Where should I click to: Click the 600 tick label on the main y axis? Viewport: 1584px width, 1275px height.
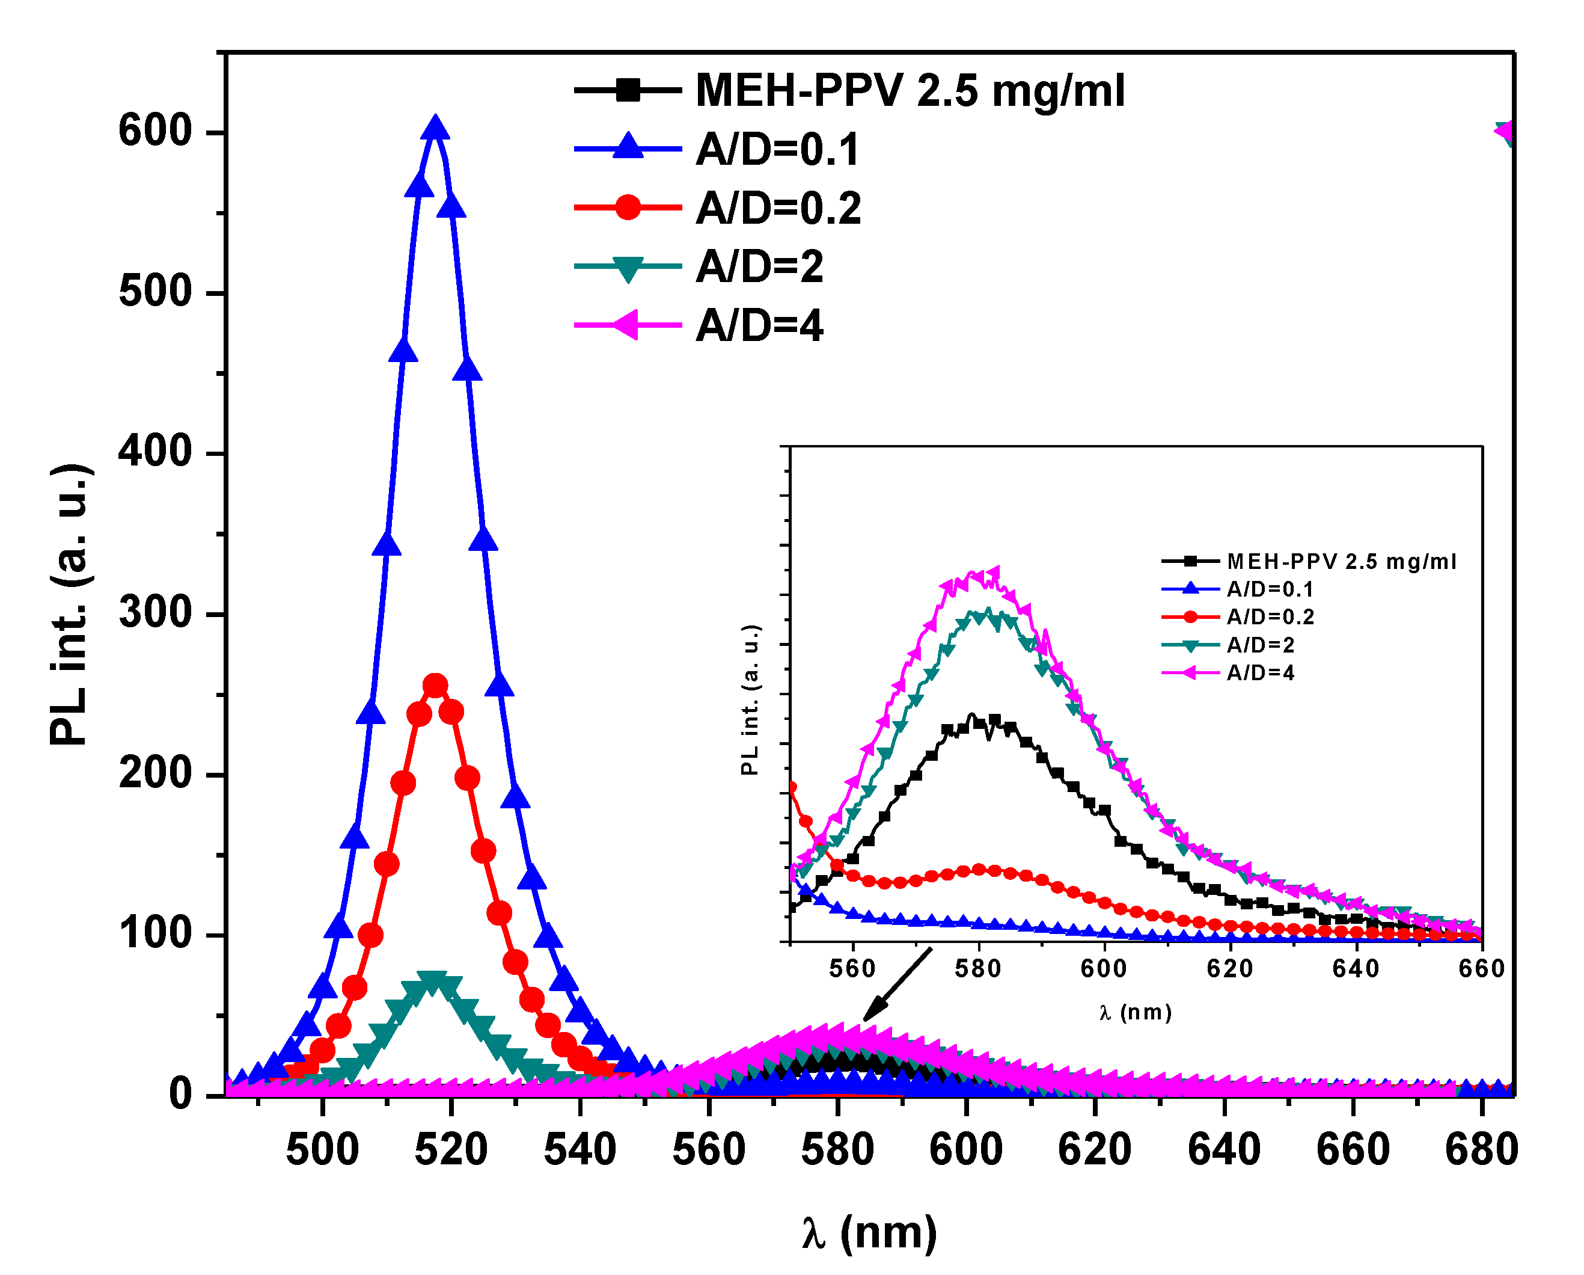tap(155, 132)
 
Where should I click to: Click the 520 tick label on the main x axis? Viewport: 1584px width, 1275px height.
tap(451, 1150)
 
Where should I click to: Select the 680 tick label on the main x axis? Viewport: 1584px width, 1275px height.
tap(1481, 1150)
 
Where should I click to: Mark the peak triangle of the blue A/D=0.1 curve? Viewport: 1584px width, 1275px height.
tap(435, 128)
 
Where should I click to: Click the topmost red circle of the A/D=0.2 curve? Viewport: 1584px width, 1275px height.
tap(436, 686)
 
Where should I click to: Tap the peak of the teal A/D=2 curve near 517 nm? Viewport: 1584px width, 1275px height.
tap(433, 981)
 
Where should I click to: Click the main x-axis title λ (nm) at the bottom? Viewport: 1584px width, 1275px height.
tap(869, 1232)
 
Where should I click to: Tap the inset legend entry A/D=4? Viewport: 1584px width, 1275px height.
tap(1260, 673)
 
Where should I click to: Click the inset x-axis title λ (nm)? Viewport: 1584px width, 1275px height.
tap(1135, 1013)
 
